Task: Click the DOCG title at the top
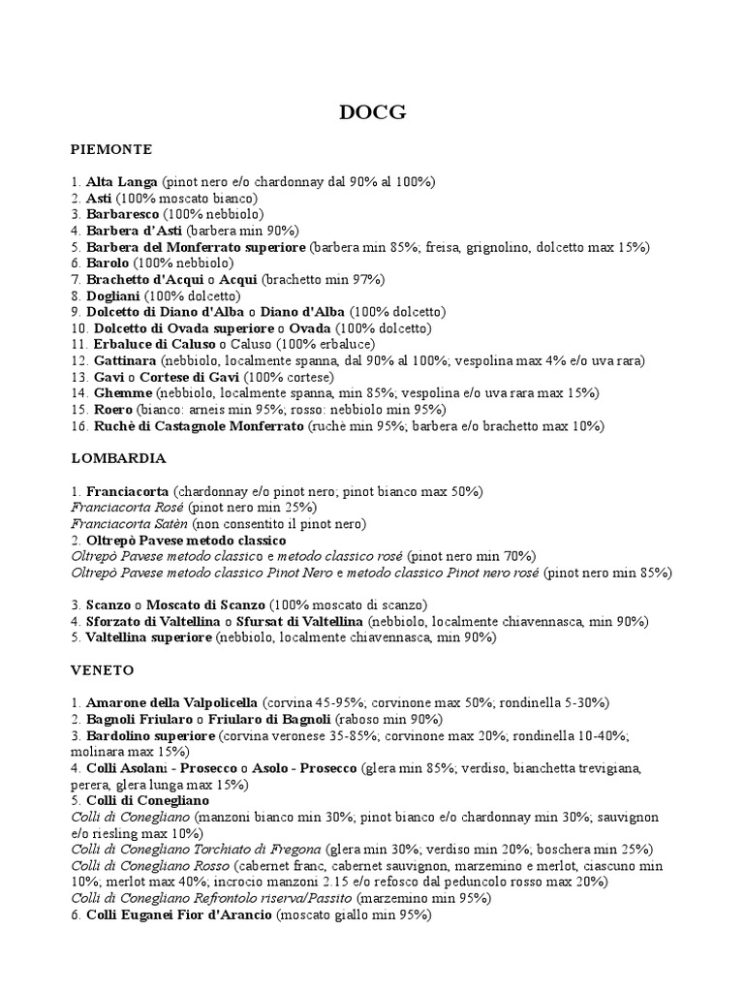[x=372, y=113]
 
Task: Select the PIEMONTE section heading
[x=111, y=150]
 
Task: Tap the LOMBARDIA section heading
[x=119, y=457]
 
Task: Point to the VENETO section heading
[x=103, y=669]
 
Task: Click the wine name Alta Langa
[x=122, y=181]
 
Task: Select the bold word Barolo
[x=108, y=263]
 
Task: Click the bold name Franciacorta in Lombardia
[x=127, y=491]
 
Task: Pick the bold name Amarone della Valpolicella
[x=171, y=702]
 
